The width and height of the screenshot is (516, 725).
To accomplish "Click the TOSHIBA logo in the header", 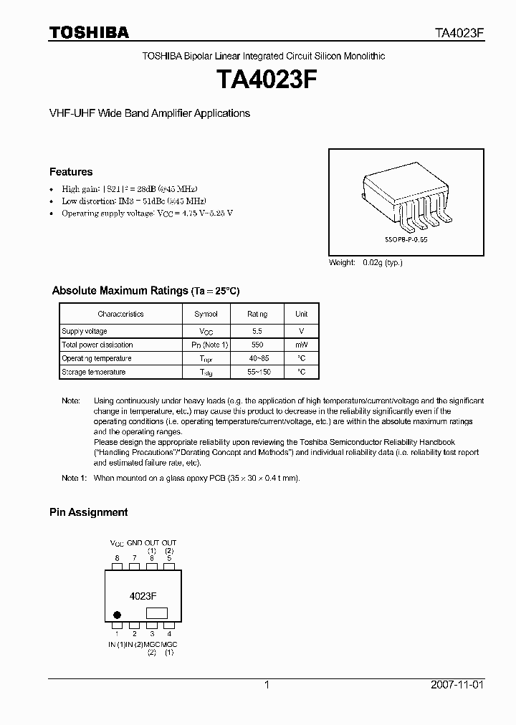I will (89, 32).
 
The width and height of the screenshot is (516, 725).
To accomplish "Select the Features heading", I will (71, 172).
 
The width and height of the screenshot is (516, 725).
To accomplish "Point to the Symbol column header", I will (206, 314).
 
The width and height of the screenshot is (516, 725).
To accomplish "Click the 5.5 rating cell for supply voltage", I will (257, 331).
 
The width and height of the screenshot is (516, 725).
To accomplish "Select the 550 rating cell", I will (257, 345).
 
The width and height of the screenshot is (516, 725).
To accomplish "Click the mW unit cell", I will (301, 345).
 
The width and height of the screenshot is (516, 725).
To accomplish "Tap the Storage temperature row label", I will (94, 372).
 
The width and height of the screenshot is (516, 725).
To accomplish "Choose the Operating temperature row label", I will (97, 358).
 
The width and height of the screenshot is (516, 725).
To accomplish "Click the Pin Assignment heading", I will (88, 512).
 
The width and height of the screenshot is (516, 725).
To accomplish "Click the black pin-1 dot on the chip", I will (118, 613).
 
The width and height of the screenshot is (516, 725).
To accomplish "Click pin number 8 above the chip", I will (117, 557).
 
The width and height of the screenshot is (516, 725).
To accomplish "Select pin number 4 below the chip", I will (169, 633).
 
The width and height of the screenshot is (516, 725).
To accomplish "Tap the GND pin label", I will (135, 543).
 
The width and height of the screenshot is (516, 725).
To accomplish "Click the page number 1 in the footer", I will (266, 685).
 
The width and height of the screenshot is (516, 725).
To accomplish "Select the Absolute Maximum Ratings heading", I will (120, 291).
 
